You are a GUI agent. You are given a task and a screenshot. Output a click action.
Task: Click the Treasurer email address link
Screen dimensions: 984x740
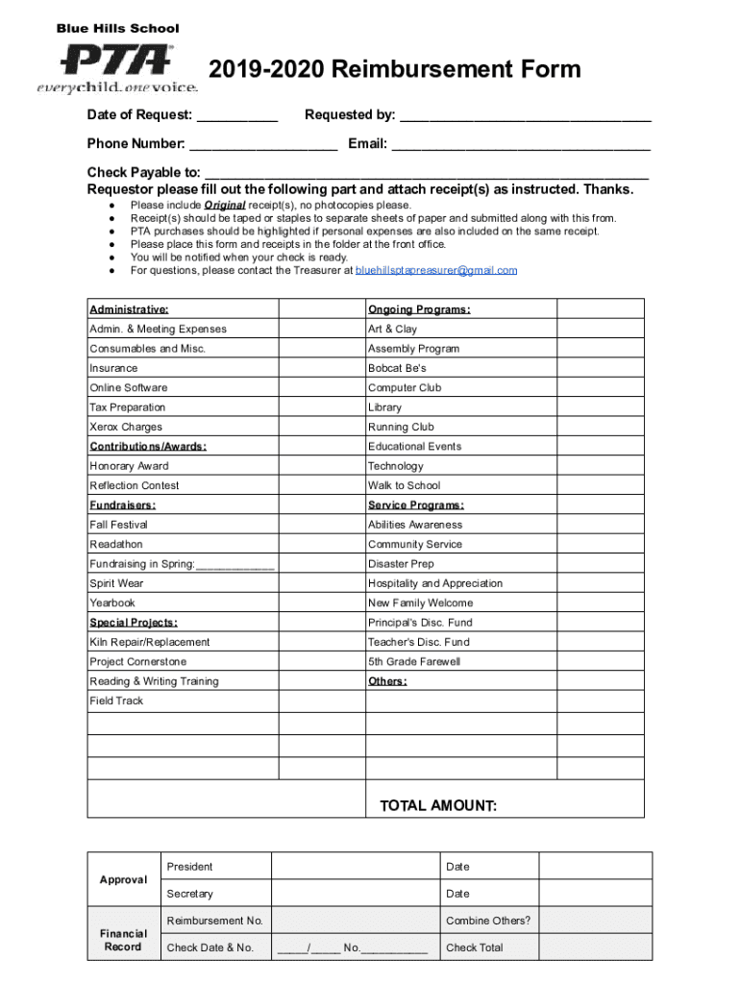[x=436, y=271]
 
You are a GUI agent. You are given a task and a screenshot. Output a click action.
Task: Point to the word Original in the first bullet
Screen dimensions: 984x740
[x=224, y=206]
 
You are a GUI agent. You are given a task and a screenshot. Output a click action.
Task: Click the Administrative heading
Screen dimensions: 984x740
[x=129, y=309]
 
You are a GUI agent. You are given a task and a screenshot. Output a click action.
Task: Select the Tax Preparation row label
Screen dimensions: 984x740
[x=127, y=407]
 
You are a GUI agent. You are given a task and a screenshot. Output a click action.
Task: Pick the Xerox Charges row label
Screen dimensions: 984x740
[x=126, y=427]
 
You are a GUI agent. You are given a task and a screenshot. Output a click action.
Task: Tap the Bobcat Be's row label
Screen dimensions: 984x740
[x=397, y=368]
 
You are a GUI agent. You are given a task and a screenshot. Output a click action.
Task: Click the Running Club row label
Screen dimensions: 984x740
[x=401, y=427]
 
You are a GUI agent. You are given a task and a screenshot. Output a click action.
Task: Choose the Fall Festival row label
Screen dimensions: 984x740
[x=119, y=525]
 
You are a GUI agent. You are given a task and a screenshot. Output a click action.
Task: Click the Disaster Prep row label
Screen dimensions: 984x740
[x=401, y=564]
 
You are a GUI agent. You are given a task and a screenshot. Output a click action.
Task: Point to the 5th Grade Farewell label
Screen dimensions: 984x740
[x=414, y=661]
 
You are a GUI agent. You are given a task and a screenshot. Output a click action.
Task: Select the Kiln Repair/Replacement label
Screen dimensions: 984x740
[x=150, y=642]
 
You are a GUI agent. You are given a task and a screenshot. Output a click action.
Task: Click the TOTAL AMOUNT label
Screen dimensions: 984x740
[x=438, y=806]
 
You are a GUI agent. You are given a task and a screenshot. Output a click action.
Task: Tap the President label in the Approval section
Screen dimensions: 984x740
[x=189, y=867]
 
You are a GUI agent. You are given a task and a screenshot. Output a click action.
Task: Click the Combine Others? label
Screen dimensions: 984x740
[x=488, y=921]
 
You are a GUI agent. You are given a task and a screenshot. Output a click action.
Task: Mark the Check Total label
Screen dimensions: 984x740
[x=475, y=947]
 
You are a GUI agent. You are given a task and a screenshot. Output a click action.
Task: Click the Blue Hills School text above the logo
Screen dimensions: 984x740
[x=117, y=29]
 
